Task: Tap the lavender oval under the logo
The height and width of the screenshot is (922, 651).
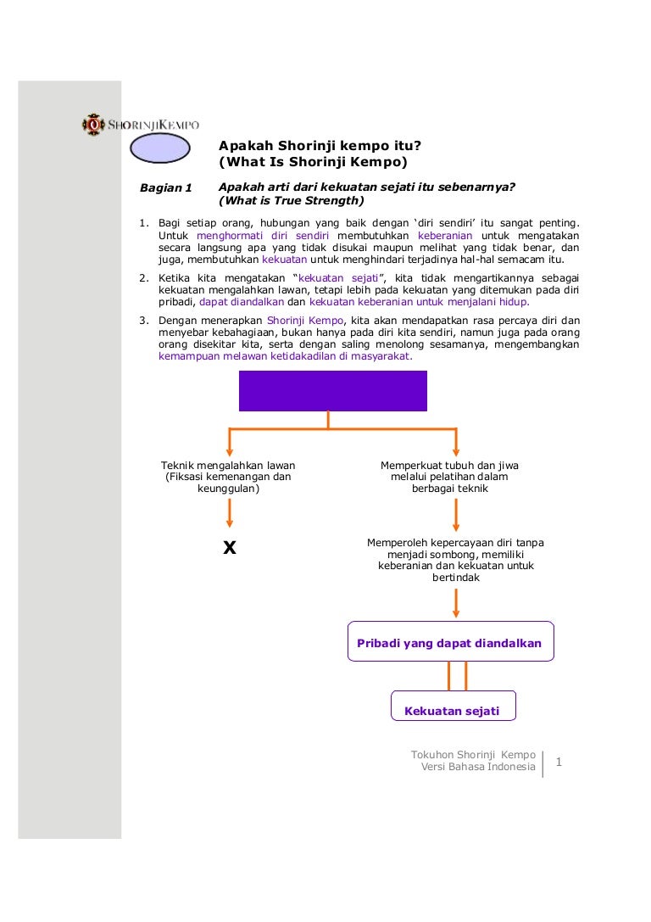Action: point(160,150)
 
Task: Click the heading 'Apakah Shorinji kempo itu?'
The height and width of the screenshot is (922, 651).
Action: point(320,146)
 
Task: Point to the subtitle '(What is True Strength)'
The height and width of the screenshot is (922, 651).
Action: point(291,201)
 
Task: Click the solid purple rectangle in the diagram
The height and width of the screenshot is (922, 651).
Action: point(332,391)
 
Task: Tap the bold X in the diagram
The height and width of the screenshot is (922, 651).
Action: point(229,548)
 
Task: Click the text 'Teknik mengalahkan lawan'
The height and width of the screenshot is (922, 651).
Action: point(228,466)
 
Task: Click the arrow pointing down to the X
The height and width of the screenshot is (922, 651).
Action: point(229,513)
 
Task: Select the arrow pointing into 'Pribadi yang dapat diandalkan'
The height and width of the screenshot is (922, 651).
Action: point(456,601)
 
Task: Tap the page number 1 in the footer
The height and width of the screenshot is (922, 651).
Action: point(559,763)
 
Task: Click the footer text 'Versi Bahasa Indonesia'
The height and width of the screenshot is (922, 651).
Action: point(478,768)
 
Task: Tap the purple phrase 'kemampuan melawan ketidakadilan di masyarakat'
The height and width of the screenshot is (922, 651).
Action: point(285,357)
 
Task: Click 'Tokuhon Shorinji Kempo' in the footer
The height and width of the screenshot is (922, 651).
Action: point(473,754)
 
